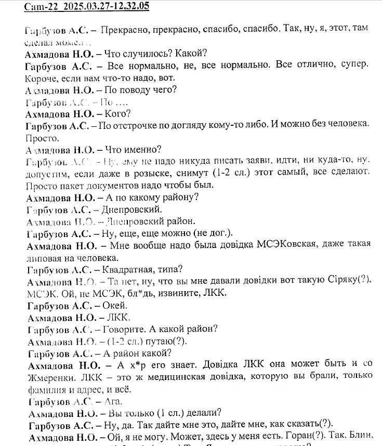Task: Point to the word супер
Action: [354, 66]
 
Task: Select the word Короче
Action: [40, 78]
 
